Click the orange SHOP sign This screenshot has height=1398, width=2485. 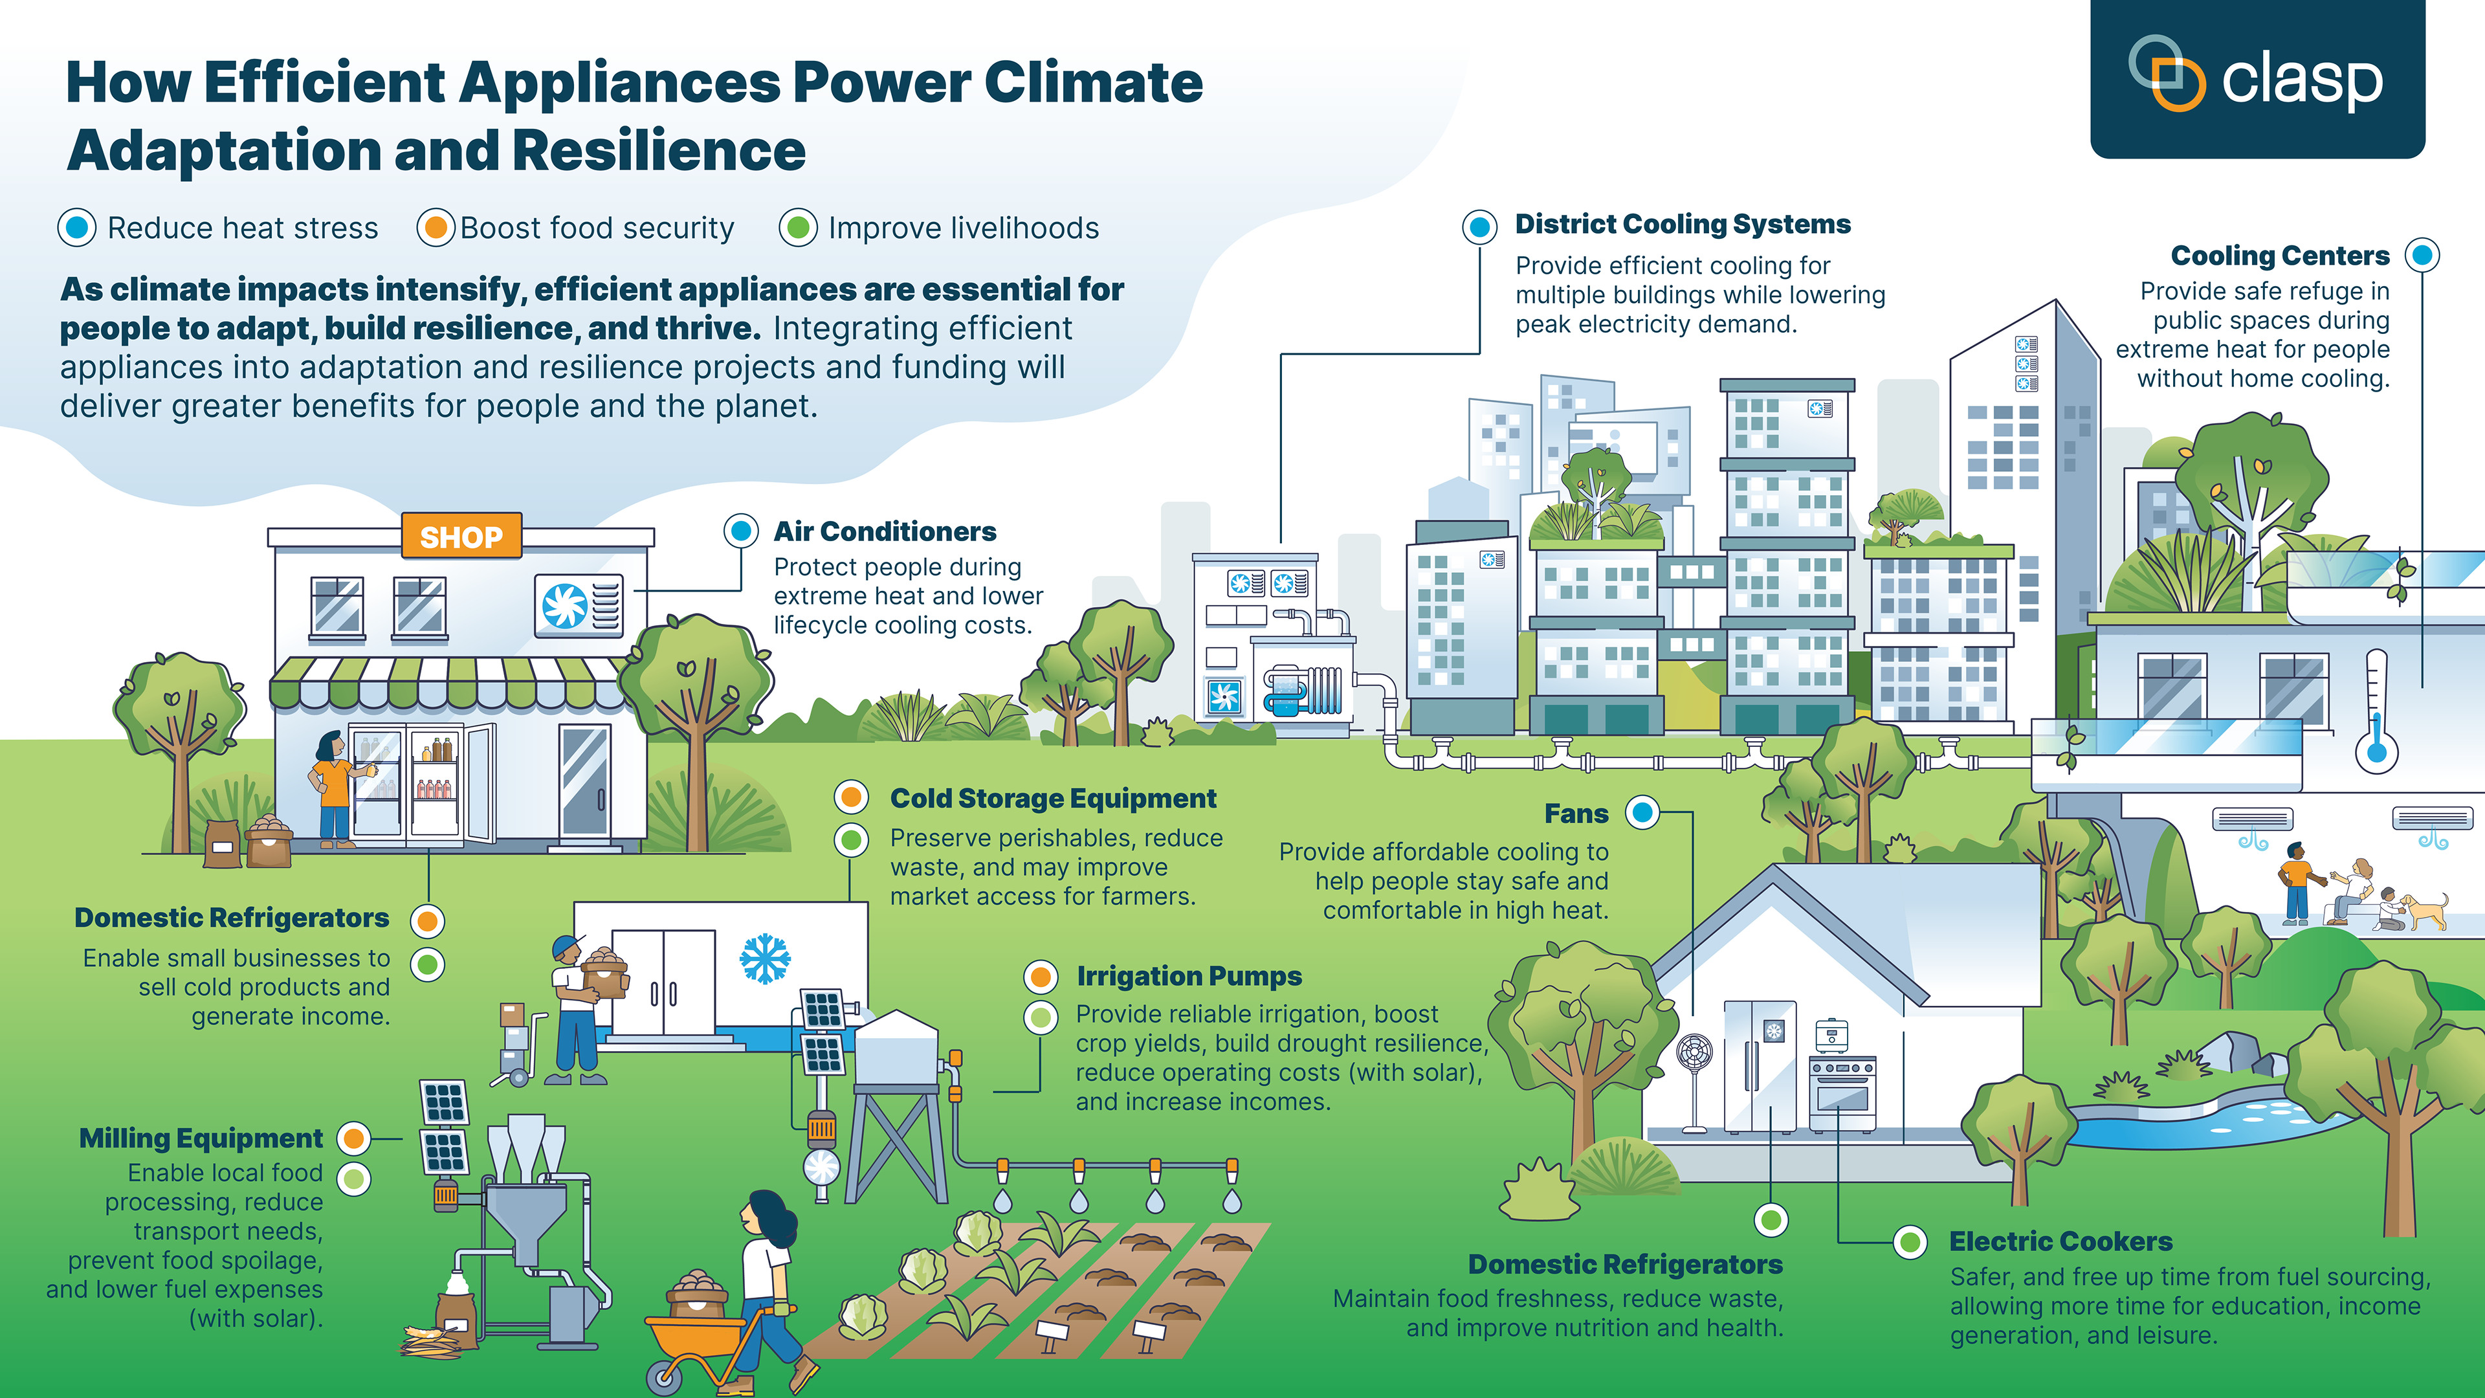461,537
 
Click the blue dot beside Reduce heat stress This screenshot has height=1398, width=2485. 77,228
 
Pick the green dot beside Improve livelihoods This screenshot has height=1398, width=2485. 798,228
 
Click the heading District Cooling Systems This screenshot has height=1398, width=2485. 1683,224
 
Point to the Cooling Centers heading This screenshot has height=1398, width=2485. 2279,256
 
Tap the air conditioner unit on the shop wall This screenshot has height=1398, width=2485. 579,605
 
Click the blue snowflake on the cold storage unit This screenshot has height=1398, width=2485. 765,958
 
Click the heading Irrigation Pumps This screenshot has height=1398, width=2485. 1189,977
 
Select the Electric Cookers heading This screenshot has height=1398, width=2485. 2060,1242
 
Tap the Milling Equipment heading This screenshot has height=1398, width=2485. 201,1138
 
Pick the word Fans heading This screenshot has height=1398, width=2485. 1576,814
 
